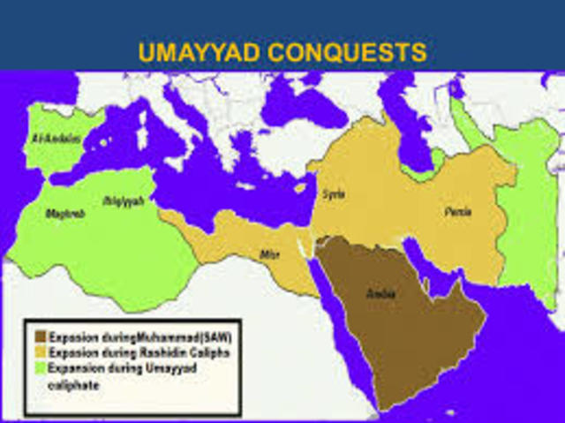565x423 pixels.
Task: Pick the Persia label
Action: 458,212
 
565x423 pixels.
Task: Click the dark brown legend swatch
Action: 41,336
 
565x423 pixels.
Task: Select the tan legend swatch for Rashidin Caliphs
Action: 41,352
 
